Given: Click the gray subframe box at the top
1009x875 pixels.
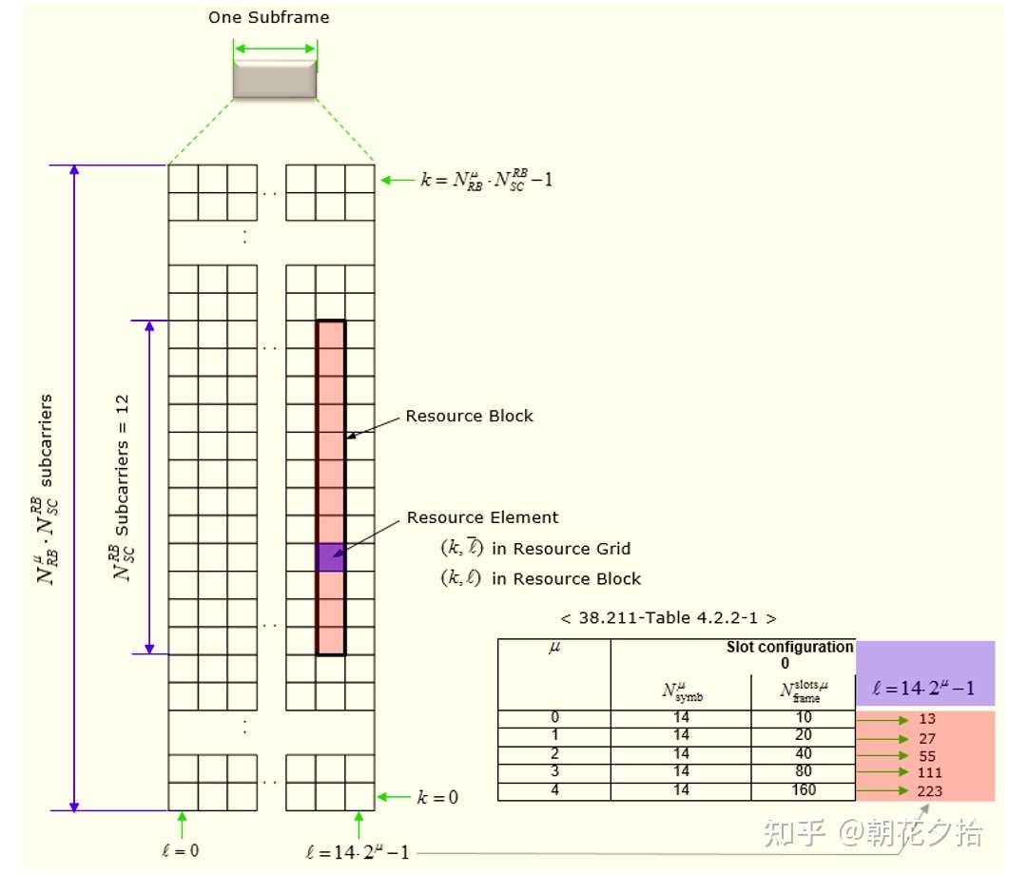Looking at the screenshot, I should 274,78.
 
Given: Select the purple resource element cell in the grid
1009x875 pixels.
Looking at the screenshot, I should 330,557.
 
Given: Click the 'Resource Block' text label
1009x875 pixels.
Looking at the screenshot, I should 469,416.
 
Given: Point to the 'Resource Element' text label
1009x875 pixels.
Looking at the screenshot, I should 482,517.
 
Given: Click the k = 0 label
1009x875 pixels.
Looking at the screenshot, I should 437,797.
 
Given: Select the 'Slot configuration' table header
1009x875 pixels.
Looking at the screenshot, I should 789,647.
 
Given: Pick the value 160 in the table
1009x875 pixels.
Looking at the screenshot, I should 803,790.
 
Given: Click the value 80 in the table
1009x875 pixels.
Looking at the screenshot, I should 803,771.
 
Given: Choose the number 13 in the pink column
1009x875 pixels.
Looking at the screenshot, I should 928,720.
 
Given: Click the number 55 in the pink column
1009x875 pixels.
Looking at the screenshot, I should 928,755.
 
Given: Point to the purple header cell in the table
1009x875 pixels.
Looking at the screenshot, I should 925,673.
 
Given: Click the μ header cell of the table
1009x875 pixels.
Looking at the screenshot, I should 555,649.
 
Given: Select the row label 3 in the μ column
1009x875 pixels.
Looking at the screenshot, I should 555,771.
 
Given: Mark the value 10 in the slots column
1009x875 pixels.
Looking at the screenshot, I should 803,718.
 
